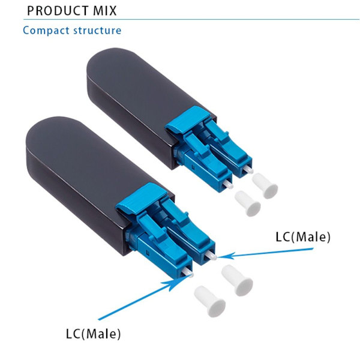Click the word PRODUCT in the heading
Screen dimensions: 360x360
(x=58, y=11)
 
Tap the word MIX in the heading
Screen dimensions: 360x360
(x=105, y=11)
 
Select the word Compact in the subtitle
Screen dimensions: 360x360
(x=46, y=31)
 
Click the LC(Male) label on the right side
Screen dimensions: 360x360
(x=303, y=237)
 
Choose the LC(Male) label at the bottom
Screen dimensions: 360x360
(x=93, y=334)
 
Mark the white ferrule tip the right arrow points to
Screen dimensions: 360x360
(x=211, y=256)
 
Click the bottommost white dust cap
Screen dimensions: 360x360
(x=210, y=301)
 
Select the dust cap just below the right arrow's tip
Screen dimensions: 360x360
(x=238, y=280)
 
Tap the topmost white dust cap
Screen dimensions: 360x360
(x=265, y=185)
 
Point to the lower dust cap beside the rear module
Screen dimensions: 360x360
(x=248, y=203)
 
